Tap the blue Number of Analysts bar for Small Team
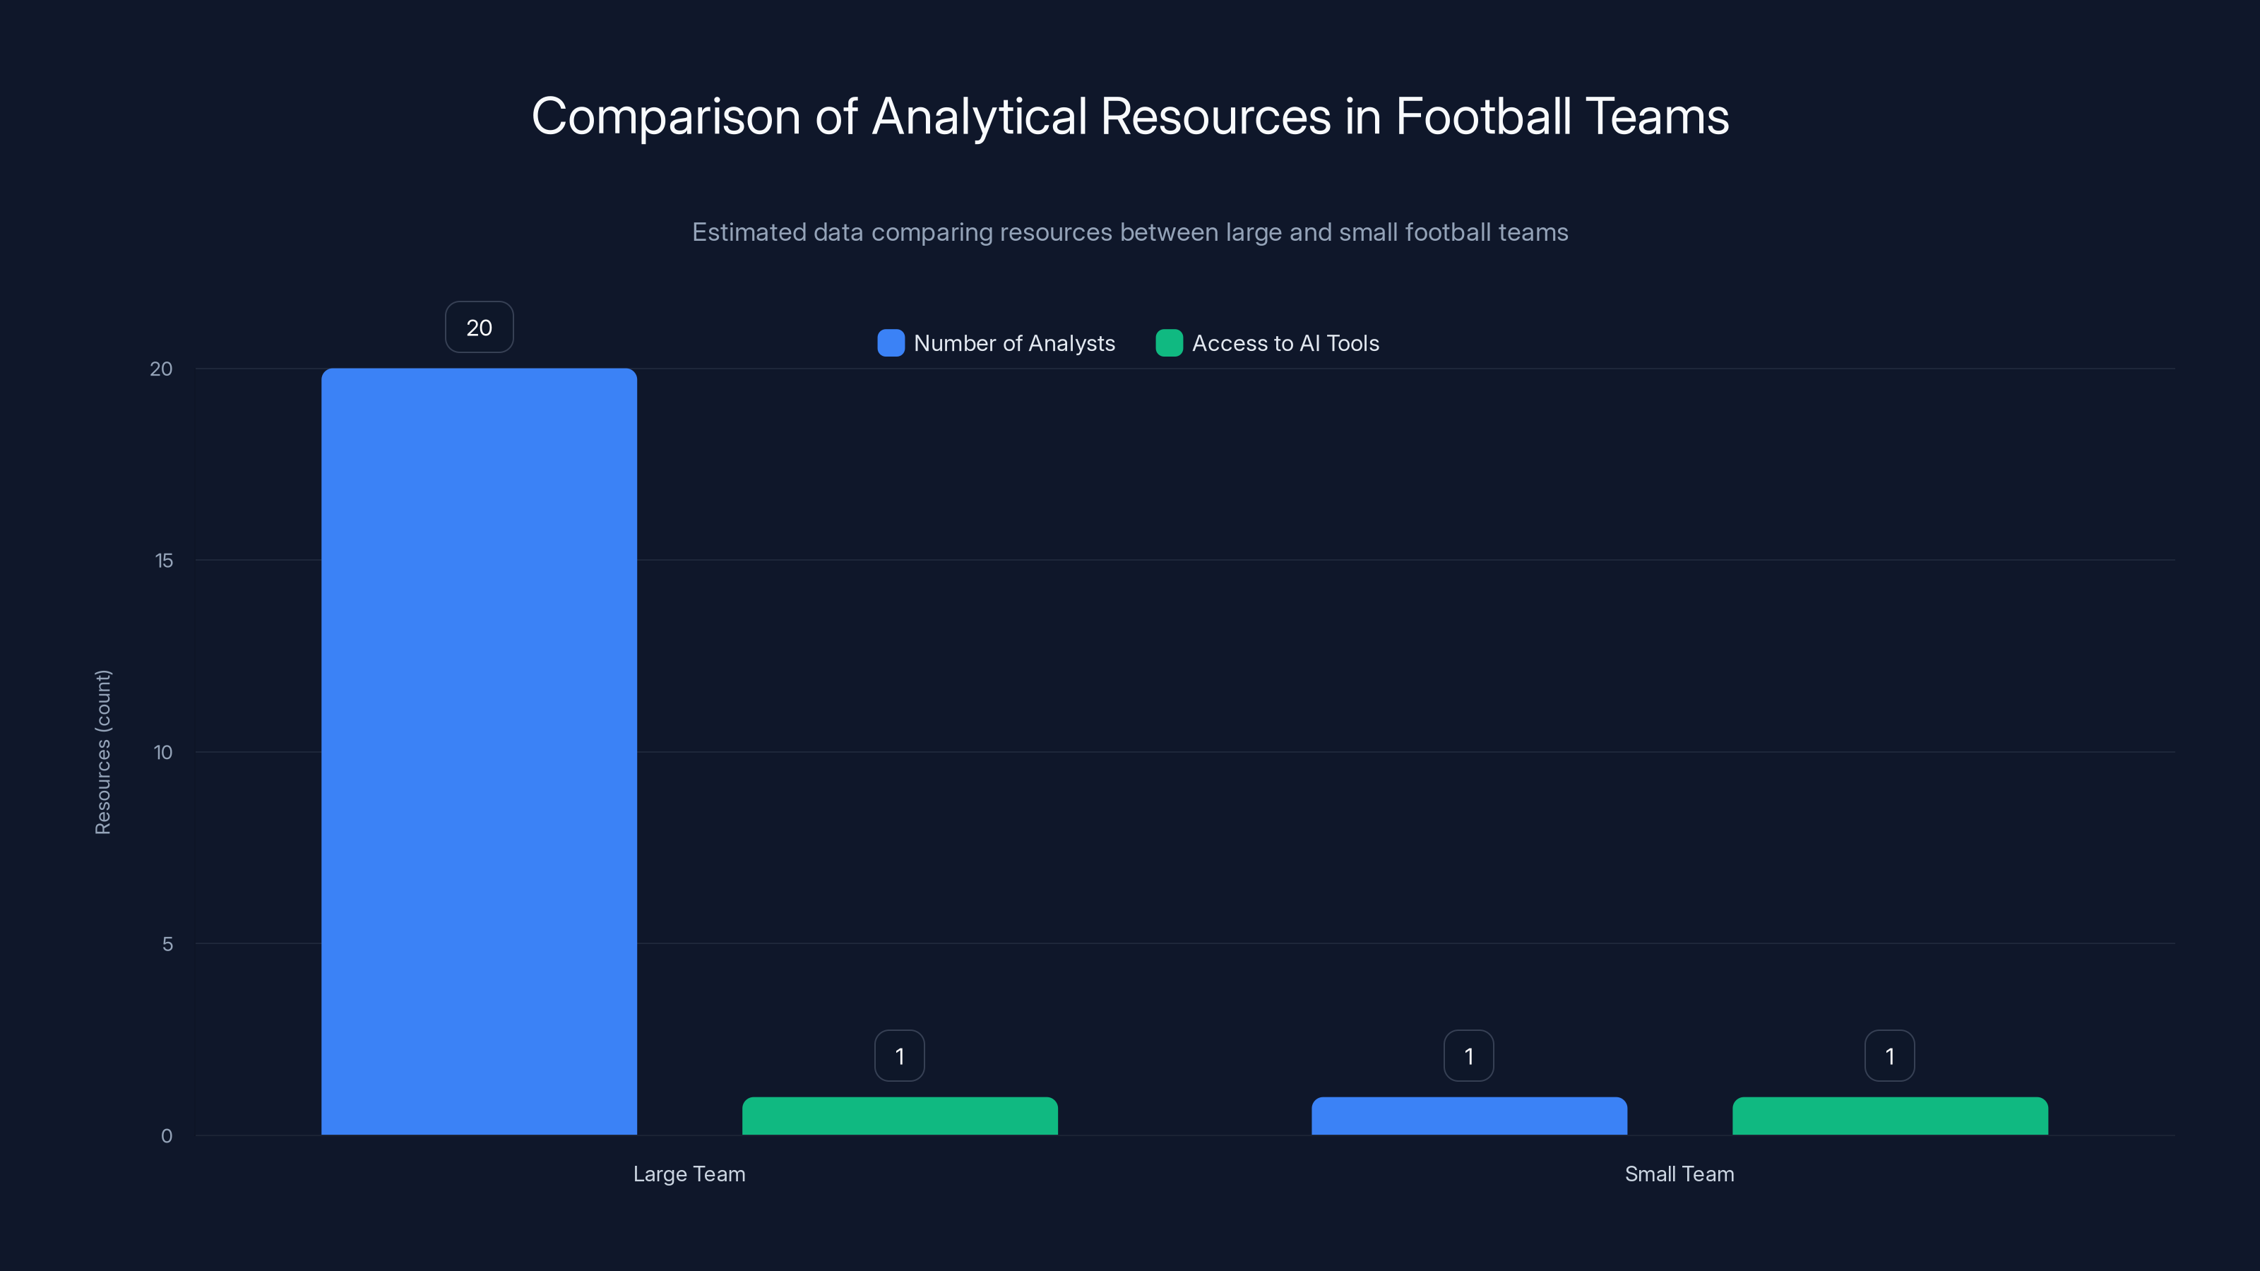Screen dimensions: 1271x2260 click(x=1469, y=1116)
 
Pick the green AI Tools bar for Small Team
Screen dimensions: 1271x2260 click(x=1890, y=1116)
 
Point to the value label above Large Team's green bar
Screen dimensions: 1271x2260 click(x=899, y=1056)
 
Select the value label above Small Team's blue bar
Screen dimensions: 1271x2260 click(x=1469, y=1056)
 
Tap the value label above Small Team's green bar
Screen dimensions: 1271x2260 click(x=1889, y=1056)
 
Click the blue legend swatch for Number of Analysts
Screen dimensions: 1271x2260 click(x=891, y=343)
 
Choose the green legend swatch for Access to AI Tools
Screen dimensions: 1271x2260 click(x=1169, y=343)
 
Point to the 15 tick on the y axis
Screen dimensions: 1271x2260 click(x=164, y=561)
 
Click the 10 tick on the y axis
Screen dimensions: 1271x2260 click(x=163, y=753)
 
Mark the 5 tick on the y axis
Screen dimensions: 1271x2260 click(x=167, y=944)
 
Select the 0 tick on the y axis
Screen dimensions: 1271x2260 click(x=167, y=1136)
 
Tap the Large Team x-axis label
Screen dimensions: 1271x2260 click(x=689, y=1174)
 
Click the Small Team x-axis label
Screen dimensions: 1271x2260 click(x=1679, y=1174)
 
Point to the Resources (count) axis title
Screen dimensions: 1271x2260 click(x=102, y=752)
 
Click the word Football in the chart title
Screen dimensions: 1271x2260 click(x=1482, y=117)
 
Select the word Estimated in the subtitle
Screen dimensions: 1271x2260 click(x=749, y=232)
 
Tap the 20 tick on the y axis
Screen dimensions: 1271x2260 click(x=162, y=369)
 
